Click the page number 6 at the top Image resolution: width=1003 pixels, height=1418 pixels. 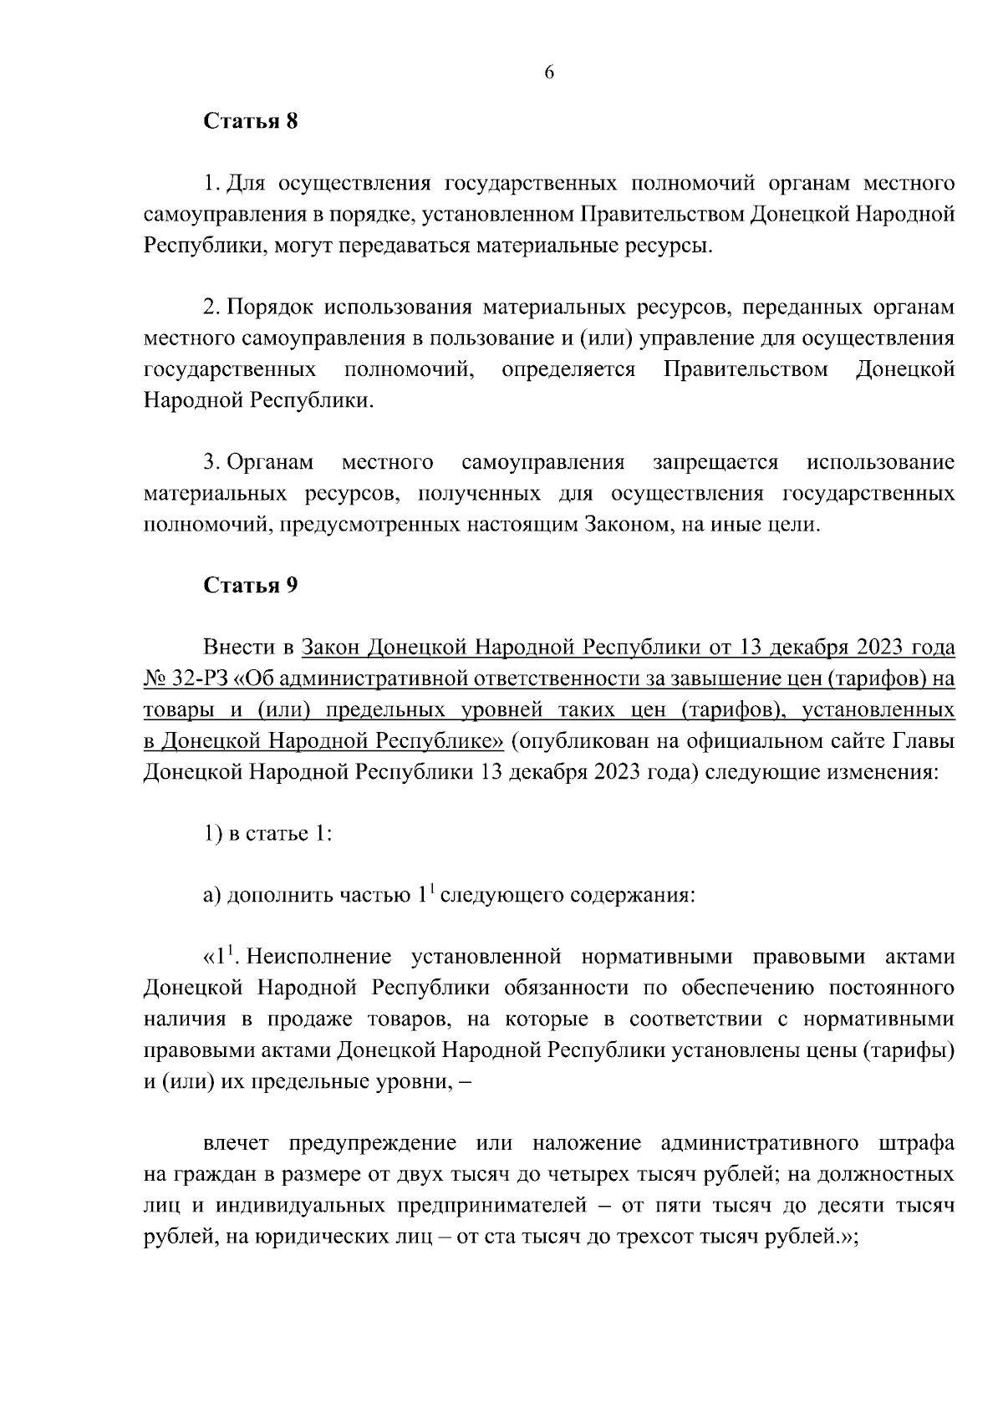pos(549,73)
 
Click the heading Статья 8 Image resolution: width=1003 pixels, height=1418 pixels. pos(251,121)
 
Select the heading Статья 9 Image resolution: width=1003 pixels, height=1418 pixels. pos(251,585)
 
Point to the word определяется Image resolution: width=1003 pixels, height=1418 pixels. pos(568,369)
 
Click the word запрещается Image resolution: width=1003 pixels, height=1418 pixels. pos(715,462)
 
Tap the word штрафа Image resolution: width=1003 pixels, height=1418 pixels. pos(917,1143)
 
